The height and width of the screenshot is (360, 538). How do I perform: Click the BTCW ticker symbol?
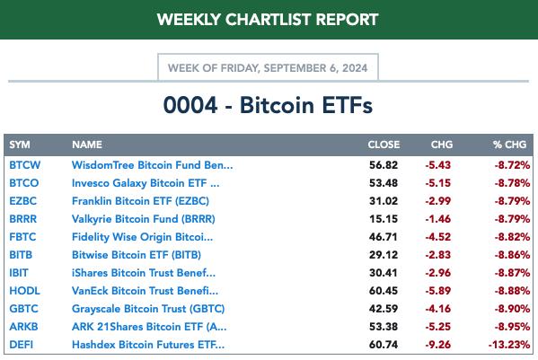25,165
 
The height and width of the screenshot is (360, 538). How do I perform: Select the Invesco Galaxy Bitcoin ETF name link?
146,183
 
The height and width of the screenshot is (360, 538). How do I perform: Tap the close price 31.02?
384,201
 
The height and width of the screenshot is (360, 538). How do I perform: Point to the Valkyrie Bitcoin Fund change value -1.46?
437,219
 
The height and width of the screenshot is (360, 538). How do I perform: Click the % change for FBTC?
512,237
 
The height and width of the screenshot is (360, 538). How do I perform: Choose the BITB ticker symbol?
21,255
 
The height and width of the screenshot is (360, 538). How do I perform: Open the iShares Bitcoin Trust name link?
144,273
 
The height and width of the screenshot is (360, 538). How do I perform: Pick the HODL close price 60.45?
384,291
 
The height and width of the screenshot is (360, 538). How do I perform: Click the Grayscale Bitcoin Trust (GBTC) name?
148,309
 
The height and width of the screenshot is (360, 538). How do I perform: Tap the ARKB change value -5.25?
437,327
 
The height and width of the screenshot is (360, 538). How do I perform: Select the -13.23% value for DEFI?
509,345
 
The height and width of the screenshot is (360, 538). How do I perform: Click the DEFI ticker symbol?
22,345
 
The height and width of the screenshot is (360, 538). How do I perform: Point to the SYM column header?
20,145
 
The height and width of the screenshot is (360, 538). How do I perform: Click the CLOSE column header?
384,145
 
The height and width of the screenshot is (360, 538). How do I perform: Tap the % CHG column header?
509,145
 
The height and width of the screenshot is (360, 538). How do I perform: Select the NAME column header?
87,145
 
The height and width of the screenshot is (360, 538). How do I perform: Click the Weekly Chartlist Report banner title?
268,20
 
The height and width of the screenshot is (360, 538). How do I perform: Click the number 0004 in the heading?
190,105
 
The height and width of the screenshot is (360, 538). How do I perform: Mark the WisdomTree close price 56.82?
384,165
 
